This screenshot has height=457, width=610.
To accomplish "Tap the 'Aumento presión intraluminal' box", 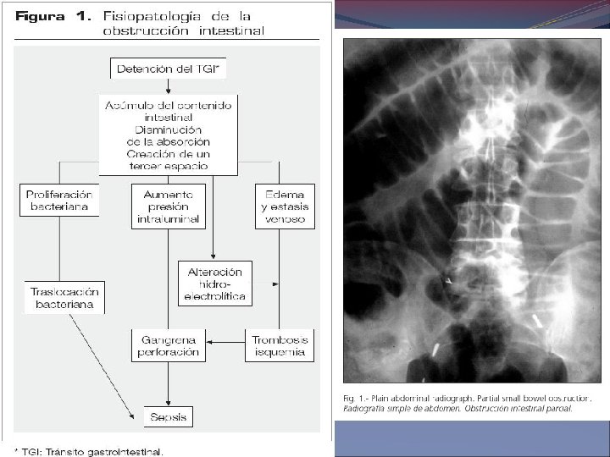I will point(168,206).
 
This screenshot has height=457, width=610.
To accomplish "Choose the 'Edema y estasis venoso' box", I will point(285,206).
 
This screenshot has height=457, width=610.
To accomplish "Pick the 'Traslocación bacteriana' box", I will point(64,297).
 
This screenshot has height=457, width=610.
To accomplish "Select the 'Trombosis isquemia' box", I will point(280,345).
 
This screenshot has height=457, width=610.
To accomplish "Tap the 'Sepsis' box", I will point(168,416).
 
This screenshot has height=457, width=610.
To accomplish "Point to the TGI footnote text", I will point(93,450).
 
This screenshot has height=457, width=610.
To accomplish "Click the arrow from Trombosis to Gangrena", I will point(226,342).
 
